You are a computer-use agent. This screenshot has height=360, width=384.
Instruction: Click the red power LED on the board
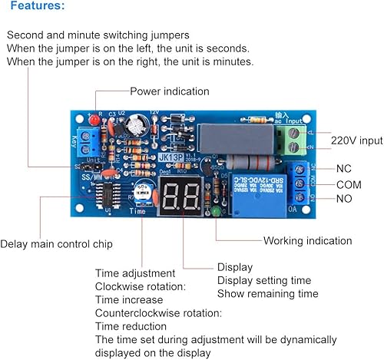[x=94, y=121]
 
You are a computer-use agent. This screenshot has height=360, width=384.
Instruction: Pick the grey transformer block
[x=229, y=139]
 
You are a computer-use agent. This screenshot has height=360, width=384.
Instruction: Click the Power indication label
[x=169, y=91]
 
